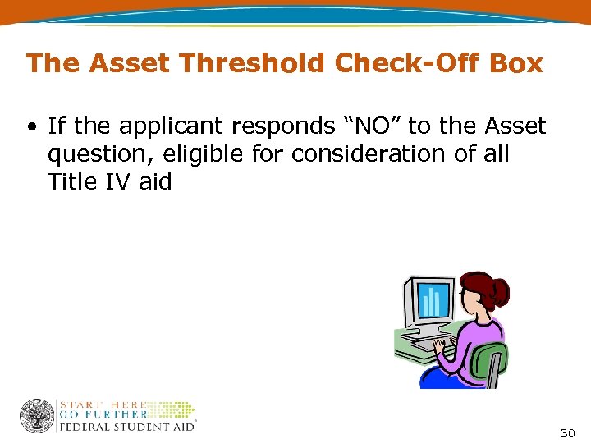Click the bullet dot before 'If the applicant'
[31, 126]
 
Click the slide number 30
[567, 433]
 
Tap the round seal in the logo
[37, 416]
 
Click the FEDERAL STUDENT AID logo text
[126, 427]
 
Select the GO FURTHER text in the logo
[103, 415]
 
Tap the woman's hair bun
[498, 290]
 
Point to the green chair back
[492, 362]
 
